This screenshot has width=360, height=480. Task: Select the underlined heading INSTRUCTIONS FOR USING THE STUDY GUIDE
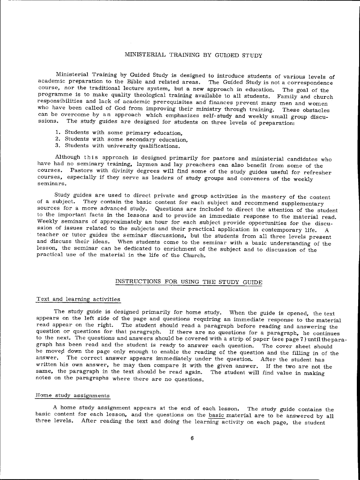pos(189,282)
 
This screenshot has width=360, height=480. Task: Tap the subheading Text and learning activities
pos(78,299)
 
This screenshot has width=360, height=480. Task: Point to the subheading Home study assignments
pos(73,396)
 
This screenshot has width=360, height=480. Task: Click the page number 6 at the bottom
pos(192,439)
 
